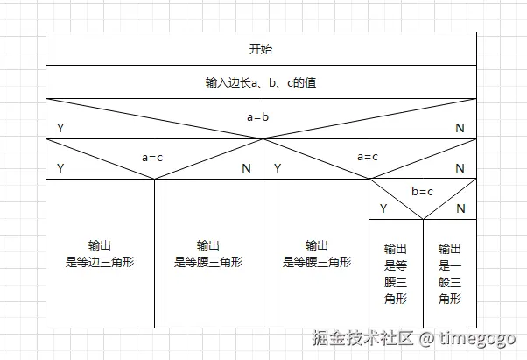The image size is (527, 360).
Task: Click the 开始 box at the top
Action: (261, 49)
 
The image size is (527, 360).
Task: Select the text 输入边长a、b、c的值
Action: (261, 82)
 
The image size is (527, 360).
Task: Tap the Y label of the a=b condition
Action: (60, 129)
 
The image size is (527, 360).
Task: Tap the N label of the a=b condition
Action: (460, 129)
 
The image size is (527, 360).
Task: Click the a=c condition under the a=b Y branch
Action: (153, 158)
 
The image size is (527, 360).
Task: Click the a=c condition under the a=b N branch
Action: (368, 158)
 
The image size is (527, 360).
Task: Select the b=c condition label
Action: (423, 191)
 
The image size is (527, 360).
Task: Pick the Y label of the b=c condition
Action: (383, 208)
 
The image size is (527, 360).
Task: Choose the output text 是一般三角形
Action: (450, 273)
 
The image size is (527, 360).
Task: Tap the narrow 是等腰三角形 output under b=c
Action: (396, 273)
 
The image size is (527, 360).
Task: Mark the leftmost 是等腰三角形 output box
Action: (208, 254)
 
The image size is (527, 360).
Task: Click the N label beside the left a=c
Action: (246, 168)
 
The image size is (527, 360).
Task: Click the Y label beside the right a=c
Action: (278, 168)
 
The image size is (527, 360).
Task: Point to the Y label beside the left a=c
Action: (60, 168)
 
